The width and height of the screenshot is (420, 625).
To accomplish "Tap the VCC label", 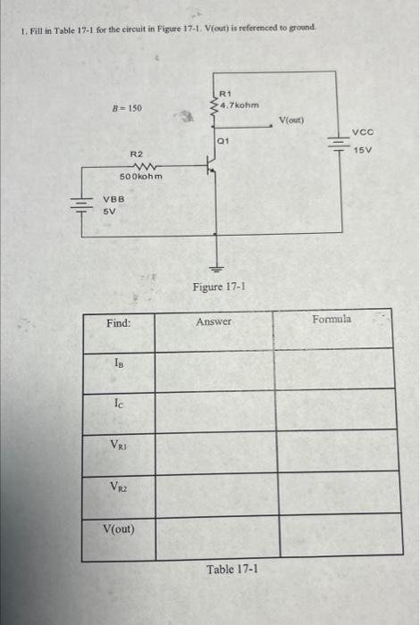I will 364,140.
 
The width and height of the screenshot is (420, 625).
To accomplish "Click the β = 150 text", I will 125,107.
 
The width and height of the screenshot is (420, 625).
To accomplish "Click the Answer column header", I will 214,321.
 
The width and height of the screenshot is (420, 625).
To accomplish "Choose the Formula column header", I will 332,318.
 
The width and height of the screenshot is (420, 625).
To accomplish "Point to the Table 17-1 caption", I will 232,568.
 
